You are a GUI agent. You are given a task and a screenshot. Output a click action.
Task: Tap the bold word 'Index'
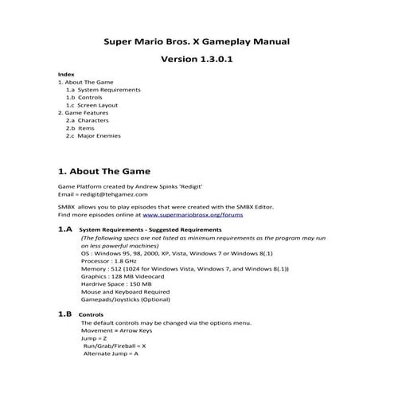pyautogui.click(x=67, y=74)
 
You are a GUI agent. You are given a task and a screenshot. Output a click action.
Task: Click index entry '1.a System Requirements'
pyautogui.click(x=103, y=90)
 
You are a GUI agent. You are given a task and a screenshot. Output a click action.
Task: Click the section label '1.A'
pyautogui.click(x=65, y=228)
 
